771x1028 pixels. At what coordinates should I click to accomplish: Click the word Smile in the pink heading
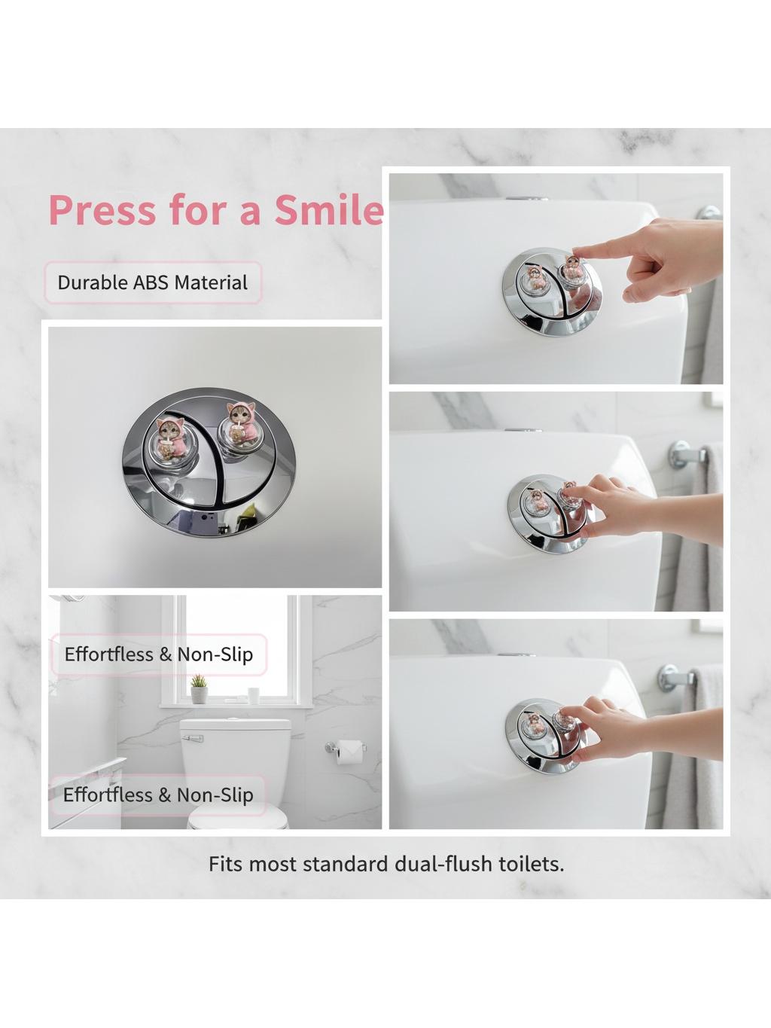(329, 210)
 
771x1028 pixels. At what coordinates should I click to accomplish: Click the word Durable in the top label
(93, 283)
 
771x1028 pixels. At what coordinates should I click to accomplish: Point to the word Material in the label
(211, 283)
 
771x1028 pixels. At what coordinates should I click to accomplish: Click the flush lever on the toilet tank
(193, 739)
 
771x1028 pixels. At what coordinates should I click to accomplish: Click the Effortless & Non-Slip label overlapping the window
(159, 654)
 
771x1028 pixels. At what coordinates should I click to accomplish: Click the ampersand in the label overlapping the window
(166, 654)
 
